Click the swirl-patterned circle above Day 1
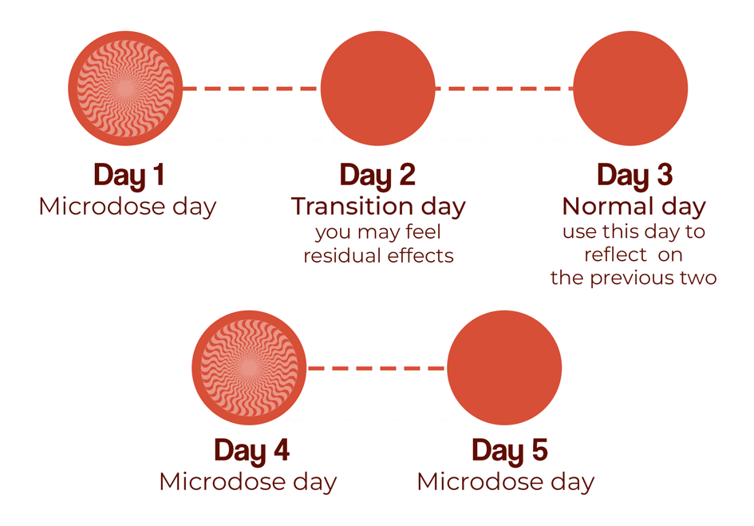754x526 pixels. pos(125,89)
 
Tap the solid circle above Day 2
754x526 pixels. pos(378,89)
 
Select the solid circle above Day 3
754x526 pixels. pos(630,89)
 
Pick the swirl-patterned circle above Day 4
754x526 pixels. pos(249,368)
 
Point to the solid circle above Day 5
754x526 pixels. pos(504,368)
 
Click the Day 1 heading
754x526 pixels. pos(129,176)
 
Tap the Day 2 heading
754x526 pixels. pos(377,176)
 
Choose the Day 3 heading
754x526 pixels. pos(635,176)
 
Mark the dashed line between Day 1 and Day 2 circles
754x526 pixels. pos(251,89)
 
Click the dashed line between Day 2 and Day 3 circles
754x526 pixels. pos(504,89)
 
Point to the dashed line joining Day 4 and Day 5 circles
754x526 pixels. pos(377,368)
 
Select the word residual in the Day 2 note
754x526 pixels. pos(342,255)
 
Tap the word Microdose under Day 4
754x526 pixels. pos(222,482)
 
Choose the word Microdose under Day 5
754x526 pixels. pos(480,482)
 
